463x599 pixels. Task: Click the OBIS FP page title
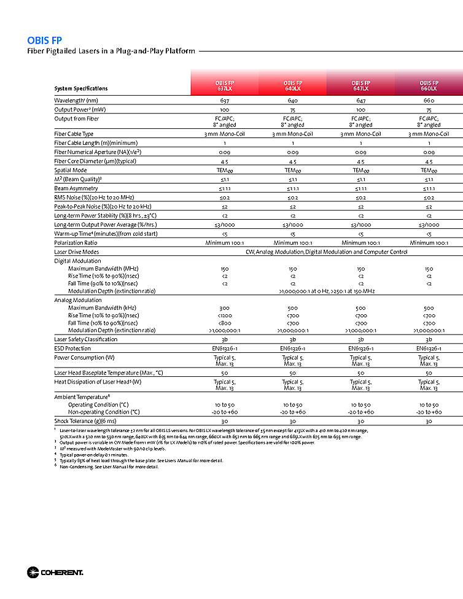(x=44, y=41)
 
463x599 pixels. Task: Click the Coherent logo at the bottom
(x=55, y=573)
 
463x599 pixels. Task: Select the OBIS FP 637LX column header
(x=224, y=85)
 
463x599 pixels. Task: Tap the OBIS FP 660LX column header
(x=429, y=85)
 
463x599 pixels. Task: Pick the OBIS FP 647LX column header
(x=360, y=85)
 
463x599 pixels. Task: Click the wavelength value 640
(x=292, y=100)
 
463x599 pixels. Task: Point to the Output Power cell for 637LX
(x=224, y=109)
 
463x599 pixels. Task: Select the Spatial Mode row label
(x=71, y=170)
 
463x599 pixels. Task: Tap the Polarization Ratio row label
(x=77, y=243)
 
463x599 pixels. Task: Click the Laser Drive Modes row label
(x=76, y=252)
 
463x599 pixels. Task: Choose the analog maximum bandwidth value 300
(x=224, y=307)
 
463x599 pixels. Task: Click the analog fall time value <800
(x=224, y=322)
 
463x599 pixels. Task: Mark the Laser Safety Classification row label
(x=85, y=339)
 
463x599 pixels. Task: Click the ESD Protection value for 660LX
(x=429, y=349)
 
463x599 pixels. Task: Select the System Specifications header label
(x=80, y=89)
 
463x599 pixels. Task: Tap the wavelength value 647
(x=360, y=100)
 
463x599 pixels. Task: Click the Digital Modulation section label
(x=77, y=261)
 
